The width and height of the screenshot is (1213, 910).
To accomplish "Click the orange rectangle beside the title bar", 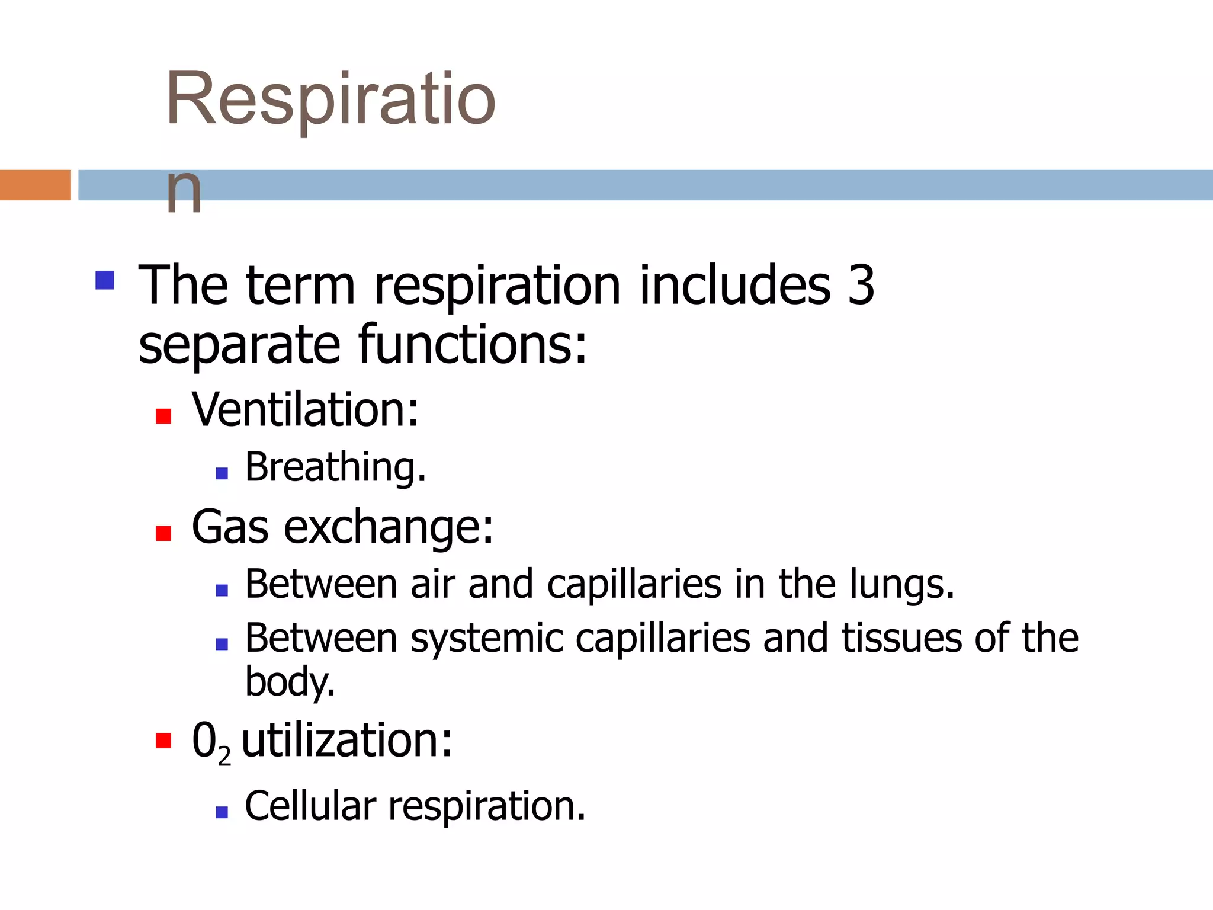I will (x=35, y=185).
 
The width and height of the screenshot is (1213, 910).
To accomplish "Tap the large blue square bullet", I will (x=105, y=280).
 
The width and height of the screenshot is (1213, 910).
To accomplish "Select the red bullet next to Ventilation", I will (x=163, y=416).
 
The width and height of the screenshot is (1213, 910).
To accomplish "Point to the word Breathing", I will (x=335, y=467).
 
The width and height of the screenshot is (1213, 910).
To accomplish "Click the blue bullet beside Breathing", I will (x=222, y=473).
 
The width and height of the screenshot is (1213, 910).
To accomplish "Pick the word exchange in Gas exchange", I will (x=388, y=527).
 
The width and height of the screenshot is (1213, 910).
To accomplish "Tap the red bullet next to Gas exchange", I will (x=163, y=534).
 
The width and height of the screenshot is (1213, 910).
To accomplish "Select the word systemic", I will (x=487, y=639).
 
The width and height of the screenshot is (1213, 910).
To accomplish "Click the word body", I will (x=289, y=682).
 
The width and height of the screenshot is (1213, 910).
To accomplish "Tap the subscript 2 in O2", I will (x=224, y=756).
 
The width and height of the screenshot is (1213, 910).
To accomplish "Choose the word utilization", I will (x=346, y=741).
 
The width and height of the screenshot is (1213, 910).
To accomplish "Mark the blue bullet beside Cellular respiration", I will (x=222, y=812).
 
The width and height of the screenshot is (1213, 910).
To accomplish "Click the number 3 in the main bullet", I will (x=861, y=286).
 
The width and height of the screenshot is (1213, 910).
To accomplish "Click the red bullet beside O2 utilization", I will (x=163, y=741).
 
